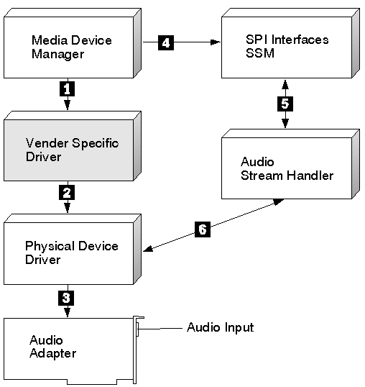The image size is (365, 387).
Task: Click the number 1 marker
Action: [67, 89]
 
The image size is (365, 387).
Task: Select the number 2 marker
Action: [67, 193]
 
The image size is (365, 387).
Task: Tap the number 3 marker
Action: [66, 298]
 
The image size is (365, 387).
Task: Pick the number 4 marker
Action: [166, 42]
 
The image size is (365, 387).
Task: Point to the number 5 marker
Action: [285, 104]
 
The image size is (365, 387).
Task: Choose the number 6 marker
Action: [203, 229]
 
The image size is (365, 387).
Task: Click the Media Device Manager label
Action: [71, 47]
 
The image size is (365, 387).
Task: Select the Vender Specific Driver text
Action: [72, 150]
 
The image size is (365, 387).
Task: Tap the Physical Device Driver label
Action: [71, 252]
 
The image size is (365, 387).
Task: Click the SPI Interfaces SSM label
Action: [287, 46]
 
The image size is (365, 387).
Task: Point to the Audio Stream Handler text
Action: [287, 168]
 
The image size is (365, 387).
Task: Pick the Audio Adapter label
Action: [52, 347]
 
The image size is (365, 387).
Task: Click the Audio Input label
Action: [221, 327]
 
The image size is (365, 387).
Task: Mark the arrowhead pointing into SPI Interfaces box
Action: [216, 42]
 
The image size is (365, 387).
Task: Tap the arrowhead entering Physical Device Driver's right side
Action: [148, 249]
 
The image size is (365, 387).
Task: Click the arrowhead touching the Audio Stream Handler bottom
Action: [279, 202]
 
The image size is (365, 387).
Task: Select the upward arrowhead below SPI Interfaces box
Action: [285, 84]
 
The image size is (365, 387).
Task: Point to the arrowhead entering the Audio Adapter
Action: [68, 312]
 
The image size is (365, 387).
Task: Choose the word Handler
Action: [310, 176]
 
